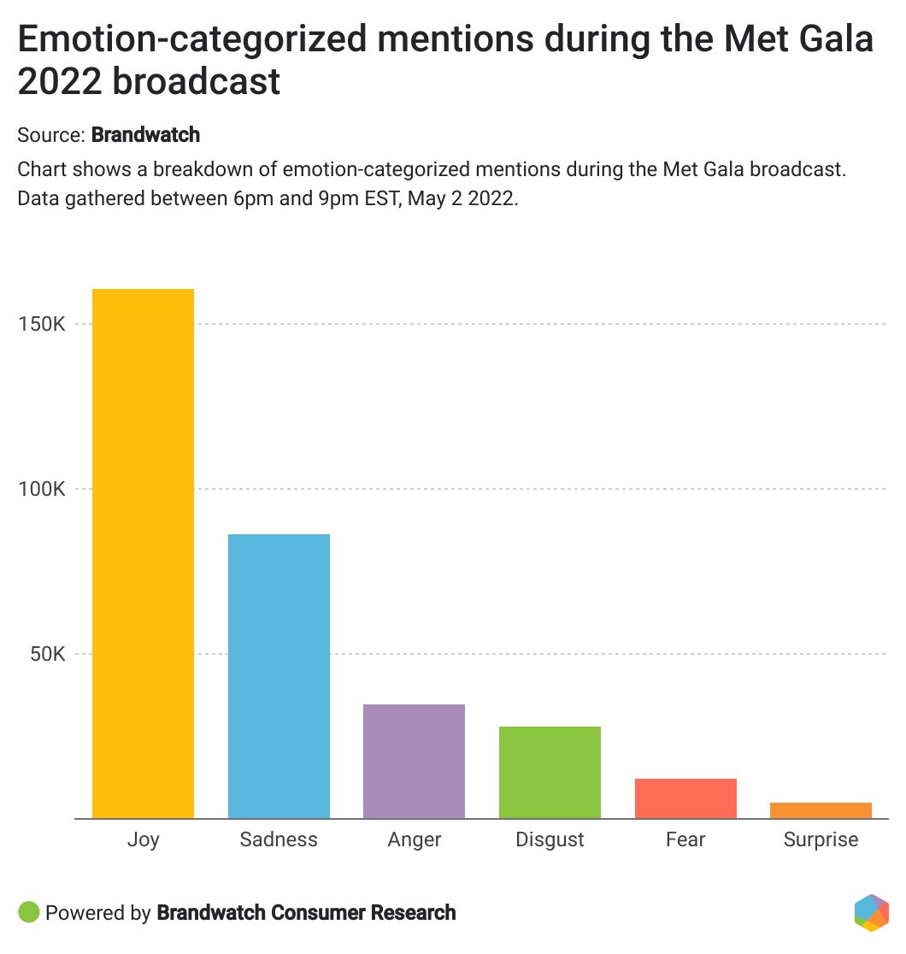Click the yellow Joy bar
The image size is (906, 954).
click(143, 553)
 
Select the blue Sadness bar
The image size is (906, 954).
click(279, 676)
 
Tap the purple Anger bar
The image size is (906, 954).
click(414, 761)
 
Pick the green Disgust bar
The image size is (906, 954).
click(550, 772)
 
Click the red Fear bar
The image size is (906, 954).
click(685, 798)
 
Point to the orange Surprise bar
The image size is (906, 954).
click(821, 810)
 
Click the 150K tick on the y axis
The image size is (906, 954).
click(42, 325)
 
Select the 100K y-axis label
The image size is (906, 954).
click(42, 490)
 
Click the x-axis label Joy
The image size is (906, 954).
click(143, 840)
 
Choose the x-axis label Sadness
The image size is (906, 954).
click(279, 840)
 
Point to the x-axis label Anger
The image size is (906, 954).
click(414, 840)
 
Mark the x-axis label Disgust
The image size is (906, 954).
click(550, 840)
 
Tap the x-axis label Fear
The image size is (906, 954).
click(685, 840)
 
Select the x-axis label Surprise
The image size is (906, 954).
click(821, 840)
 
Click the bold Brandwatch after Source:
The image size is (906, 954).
click(145, 135)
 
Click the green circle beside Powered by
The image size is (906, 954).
click(28, 912)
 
